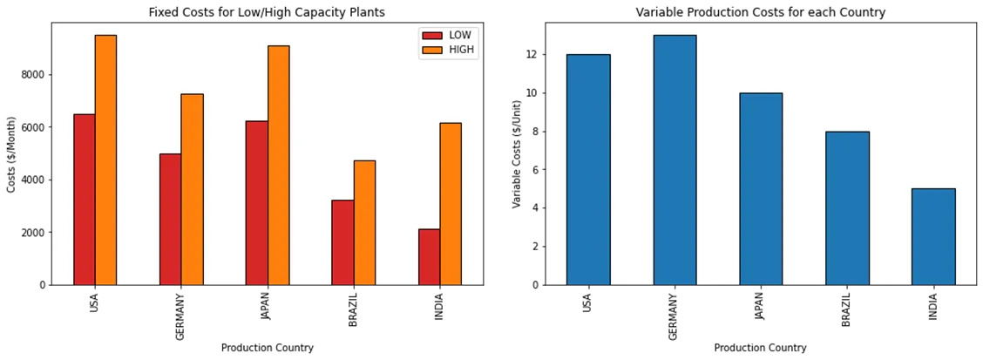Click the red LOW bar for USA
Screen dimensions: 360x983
[85, 200]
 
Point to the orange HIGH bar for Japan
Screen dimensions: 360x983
[278, 166]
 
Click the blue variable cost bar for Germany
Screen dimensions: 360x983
[675, 160]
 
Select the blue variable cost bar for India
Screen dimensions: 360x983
[933, 236]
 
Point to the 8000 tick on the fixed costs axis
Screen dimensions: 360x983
[34, 75]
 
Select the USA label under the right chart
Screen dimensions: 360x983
[587, 302]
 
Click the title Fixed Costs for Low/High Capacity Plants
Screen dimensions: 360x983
[267, 12]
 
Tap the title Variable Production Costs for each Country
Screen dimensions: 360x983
[760, 12]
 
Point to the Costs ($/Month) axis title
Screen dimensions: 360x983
[11, 153]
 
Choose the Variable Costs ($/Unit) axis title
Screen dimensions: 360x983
[517, 153]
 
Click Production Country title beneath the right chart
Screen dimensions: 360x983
[760, 348]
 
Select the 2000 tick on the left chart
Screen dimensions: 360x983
[34, 233]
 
